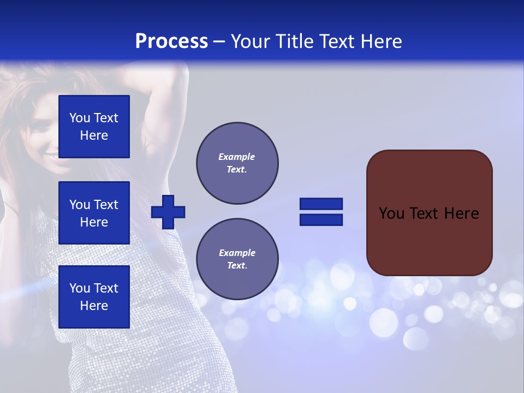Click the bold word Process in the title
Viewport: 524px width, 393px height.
pyautogui.click(x=171, y=41)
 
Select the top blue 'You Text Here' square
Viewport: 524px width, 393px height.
pyautogui.click(x=94, y=127)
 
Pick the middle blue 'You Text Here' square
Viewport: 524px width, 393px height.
pyautogui.click(x=94, y=213)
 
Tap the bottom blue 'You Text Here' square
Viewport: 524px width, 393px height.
pyautogui.click(x=94, y=297)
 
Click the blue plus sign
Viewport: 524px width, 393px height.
pyautogui.click(x=168, y=211)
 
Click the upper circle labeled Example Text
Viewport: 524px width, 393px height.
pyautogui.click(x=237, y=163)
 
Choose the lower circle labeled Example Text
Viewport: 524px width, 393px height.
pyautogui.click(x=237, y=259)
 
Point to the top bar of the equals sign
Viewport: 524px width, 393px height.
pyautogui.click(x=321, y=204)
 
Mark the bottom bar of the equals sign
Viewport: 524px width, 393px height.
pyautogui.click(x=321, y=219)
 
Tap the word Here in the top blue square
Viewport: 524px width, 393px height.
pyautogui.click(x=94, y=135)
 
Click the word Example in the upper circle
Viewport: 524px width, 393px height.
pyautogui.click(x=236, y=157)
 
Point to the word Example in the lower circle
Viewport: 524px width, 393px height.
pyautogui.click(x=237, y=253)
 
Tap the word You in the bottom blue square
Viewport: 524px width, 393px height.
pyautogui.click(x=80, y=288)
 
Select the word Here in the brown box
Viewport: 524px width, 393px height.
pyautogui.click(x=462, y=213)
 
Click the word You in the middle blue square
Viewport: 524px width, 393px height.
pyautogui.click(x=80, y=205)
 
